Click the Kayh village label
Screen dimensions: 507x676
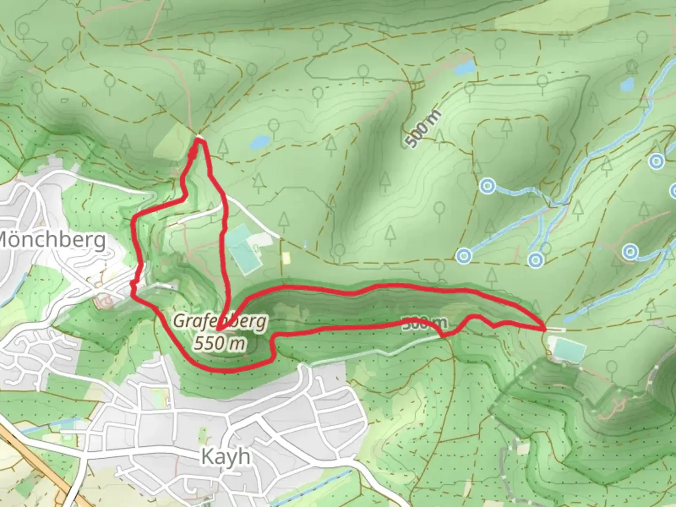[225, 456]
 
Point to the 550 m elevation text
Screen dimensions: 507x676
[220, 344]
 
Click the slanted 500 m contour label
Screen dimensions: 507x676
[424, 128]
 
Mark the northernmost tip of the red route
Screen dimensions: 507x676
[200, 139]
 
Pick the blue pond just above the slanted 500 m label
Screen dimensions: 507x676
[463, 69]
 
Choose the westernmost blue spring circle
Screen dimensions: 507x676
[464, 256]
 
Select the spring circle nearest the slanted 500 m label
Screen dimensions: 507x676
[488, 186]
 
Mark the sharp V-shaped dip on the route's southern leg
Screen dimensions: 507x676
[442, 335]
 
